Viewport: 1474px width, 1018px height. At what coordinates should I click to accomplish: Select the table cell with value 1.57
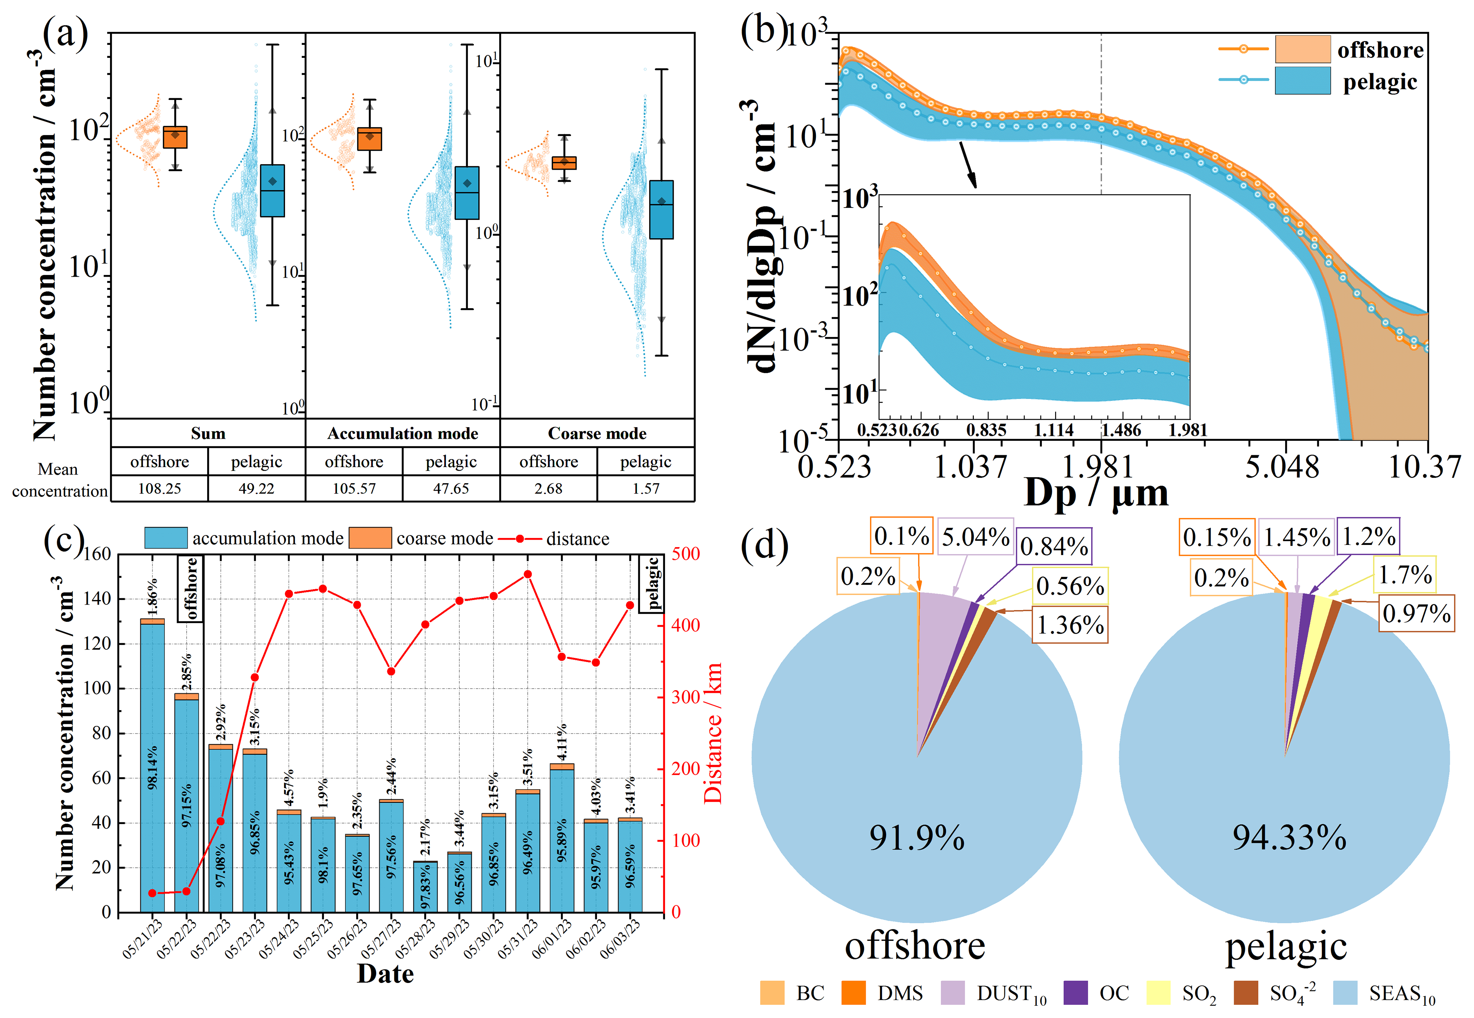click(x=645, y=488)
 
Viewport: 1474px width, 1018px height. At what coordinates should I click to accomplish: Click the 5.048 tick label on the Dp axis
click(x=1282, y=467)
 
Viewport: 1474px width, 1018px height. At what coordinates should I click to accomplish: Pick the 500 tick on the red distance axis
click(x=685, y=554)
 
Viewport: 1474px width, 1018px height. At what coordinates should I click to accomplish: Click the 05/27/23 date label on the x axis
click(x=382, y=938)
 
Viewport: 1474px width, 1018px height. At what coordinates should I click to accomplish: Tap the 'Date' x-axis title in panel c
click(x=385, y=973)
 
